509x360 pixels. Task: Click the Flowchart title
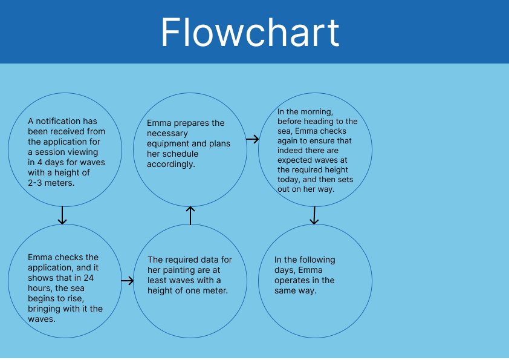(x=250, y=32)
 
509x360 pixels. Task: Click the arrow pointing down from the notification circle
(x=62, y=215)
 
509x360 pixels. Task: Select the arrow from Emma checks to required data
(x=127, y=281)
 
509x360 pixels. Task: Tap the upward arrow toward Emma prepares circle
(x=190, y=215)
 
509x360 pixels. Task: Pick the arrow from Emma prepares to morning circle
(x=253, y=139)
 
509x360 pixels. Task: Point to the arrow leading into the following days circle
(x=314, y=215)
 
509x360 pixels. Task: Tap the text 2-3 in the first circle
(x=34, y=183)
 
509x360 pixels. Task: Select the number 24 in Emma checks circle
(x=89, y=278)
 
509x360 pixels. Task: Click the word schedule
(x=181, y=154)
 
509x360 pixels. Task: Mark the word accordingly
(x=171, y=165)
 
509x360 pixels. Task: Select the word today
(x=288, y=180)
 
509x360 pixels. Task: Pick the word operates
(x=289, y=281)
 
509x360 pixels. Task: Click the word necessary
(x=167, y=134)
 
